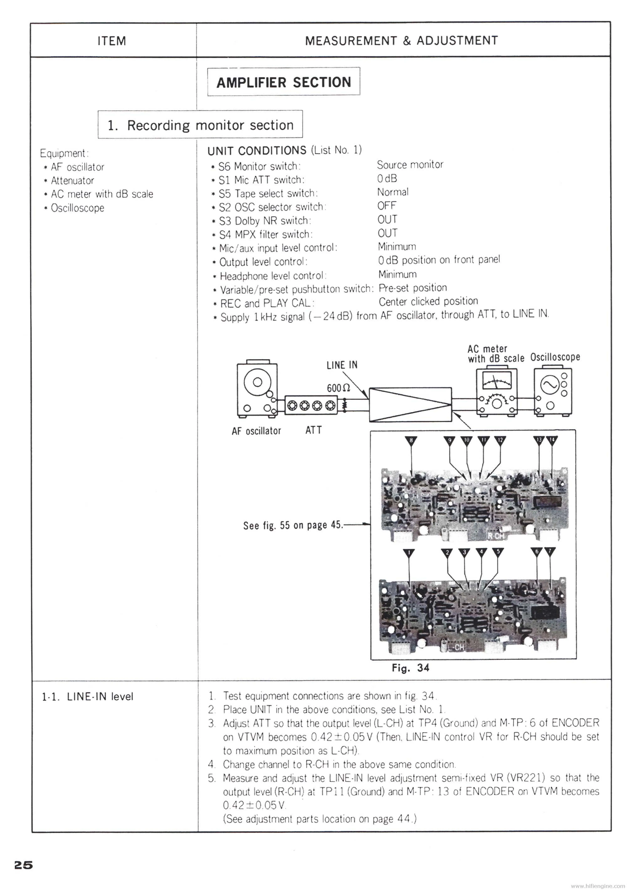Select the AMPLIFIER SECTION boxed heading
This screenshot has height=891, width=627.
pos(283,82)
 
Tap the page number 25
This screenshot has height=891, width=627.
pos(23,865)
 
